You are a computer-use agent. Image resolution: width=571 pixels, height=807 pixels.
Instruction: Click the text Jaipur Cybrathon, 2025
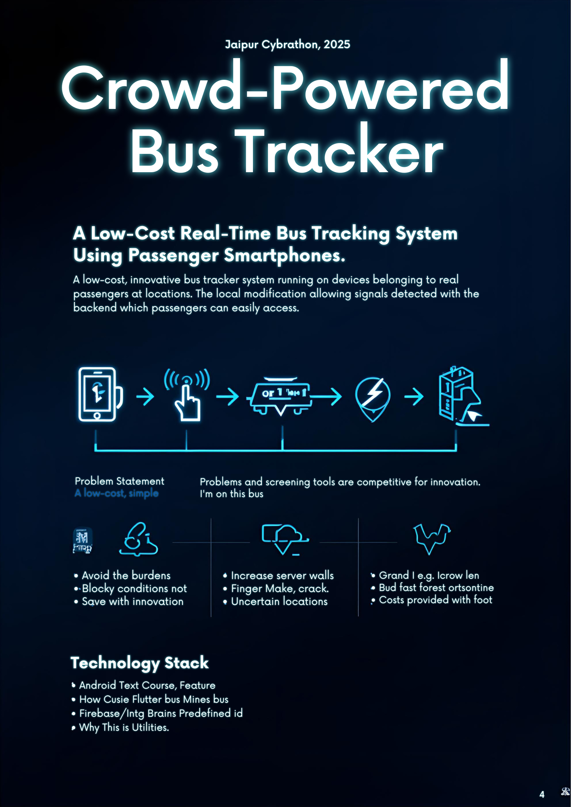pyautogui.click(x=287, y=44)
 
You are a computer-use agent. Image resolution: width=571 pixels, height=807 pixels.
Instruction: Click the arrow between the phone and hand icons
pyautogui.click(x=145, y=396)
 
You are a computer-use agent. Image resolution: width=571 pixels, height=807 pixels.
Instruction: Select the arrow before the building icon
pyautogui.click(x=413, y=396)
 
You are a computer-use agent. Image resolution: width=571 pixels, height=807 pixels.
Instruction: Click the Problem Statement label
pyautogui.click(x=119, y=481)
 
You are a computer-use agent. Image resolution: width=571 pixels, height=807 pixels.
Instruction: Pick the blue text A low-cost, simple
pyautogui.click(x=117, y=493)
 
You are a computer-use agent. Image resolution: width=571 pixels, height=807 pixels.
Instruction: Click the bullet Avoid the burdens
pyautogui.click(x=126, y=576)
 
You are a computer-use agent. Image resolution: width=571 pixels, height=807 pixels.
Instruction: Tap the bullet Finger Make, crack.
pyautogui.click(x=280, y=588)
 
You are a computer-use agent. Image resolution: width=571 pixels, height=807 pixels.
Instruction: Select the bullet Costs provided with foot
pyautogui.click(x=435, y=600)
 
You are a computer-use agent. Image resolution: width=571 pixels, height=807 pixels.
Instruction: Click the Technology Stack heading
pyautogui.click(x=140, y=662)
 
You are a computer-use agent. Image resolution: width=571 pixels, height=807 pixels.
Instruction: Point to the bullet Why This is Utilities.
pyautogui.click(x=124, y=727)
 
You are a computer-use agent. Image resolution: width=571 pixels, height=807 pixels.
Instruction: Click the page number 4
pyautogui.click(x=542, y=794)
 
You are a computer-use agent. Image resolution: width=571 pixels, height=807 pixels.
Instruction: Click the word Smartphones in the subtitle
pyautogui.click(x=284, y=256)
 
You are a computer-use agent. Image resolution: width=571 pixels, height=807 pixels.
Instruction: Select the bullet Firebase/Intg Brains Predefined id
pyautogui.click(x=161, y=713)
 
